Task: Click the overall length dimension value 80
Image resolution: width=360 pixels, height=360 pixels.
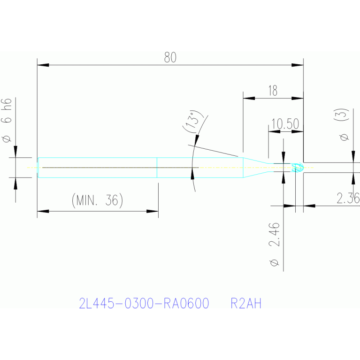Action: point(170,57)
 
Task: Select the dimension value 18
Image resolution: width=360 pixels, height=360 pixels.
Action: point(273,91)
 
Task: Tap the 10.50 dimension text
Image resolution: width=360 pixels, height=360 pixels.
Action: point(285,124)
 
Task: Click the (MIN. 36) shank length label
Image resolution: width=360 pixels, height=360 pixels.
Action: point(97,200)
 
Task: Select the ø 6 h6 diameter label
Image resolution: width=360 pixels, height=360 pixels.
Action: point(7,121)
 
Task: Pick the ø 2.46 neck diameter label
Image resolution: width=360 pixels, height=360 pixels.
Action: point(275,244)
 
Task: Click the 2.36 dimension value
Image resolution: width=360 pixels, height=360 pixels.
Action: point(348,198)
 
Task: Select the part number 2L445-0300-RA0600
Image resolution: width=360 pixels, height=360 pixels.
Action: point(144,304)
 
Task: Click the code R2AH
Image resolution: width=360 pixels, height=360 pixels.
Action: point(246,304)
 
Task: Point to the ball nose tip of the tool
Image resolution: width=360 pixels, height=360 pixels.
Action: point(298,168)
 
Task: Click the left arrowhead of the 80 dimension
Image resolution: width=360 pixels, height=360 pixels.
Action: point(43,65)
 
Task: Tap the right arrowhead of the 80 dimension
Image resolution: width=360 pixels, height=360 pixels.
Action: point(298,65)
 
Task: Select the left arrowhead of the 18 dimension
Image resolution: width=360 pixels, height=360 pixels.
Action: point(249,98)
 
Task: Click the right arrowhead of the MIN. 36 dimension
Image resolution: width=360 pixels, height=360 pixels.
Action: point(153,211)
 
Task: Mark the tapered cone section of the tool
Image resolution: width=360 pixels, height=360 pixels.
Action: point(256,168)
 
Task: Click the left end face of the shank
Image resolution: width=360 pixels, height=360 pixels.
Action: point(38,168)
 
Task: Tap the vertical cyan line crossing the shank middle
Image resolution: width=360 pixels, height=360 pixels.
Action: point(157,168)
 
